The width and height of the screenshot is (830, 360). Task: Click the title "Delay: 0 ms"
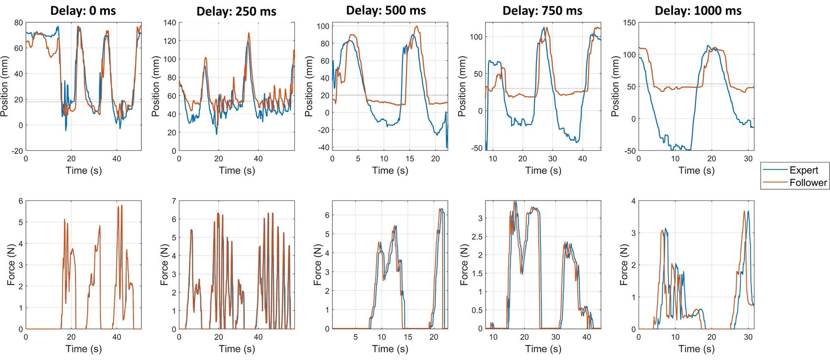[x=83, y=10]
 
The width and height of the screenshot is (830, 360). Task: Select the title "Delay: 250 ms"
[x=236, y=11]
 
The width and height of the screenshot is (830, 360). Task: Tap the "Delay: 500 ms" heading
[x=386, y=10]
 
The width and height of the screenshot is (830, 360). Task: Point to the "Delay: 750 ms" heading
[x=542, y=11]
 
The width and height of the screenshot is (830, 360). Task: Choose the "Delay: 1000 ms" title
[x=698, y=11]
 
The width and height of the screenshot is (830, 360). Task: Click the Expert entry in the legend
[x=804, y=170]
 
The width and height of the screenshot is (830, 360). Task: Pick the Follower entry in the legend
[x=808, y=183]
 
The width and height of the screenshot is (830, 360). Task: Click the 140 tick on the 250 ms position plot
[x=170, y=22]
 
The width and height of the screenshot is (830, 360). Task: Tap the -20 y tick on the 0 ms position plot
[x=17, y=151]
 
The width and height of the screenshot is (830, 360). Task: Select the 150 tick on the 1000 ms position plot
[x=629, y=22]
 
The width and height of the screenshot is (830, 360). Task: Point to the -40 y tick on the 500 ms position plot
[x=323, y=147]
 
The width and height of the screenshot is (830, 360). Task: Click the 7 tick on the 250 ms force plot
[x=174, y=201]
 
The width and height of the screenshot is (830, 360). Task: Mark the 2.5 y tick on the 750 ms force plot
[x=476, y=237]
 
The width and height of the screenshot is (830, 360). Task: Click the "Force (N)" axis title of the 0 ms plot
[x=11, y=264]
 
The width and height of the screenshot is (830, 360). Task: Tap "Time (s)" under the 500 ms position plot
[x=390, y=170]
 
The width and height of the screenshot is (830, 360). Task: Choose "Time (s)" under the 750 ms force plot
[x=543, y=349]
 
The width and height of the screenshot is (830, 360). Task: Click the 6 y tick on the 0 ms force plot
[x=20, y=201]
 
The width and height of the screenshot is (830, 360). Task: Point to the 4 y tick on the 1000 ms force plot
[x=633, y=201]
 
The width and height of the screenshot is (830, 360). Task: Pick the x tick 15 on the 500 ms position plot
[x=410, y=159]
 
